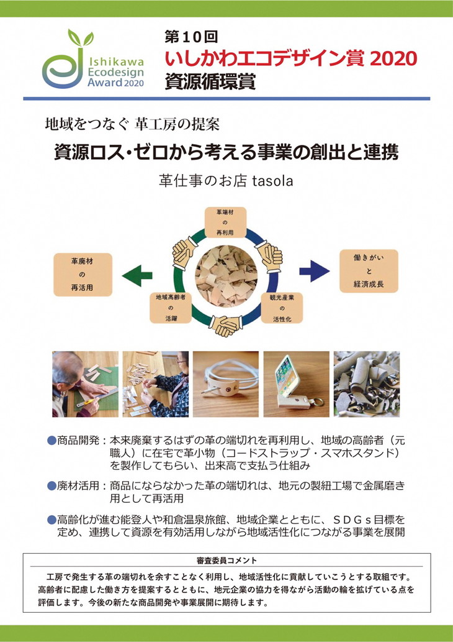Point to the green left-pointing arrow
[x=137, y=273]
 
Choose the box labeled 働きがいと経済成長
[x=366, y=272]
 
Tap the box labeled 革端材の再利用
[x=226, y=222]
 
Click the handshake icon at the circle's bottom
[x=226, y=323]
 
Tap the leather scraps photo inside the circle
[x=225, y=273]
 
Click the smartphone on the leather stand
[x=289, y=377]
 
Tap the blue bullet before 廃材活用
[x=52, y=485]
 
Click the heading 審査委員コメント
[x=226, y=561]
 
